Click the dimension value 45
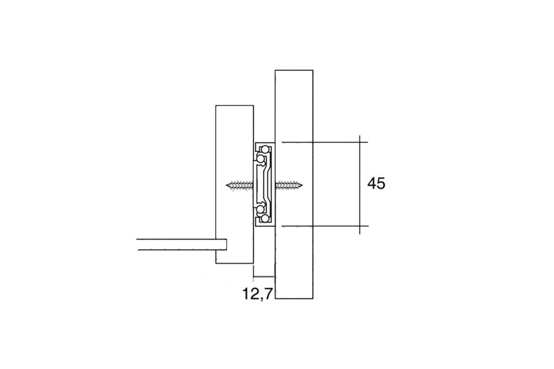point(376,184)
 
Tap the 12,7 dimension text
point(257,294)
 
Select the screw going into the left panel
point(240,185)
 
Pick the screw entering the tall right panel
point(289,185)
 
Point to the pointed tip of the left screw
point(228,185)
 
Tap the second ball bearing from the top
point(260,159)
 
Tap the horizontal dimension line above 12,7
point(264,276)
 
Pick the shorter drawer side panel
point(234,135)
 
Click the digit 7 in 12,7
point(267,294)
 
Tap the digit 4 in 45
point(372,184)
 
